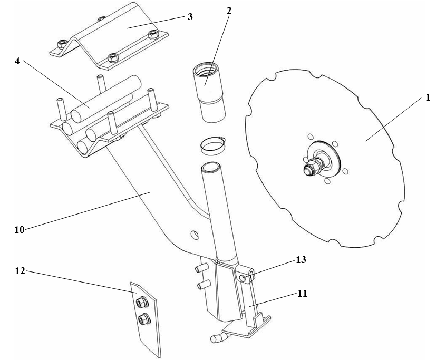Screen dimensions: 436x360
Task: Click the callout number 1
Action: (428, 98)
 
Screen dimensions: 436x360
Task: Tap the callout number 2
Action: (229, 11)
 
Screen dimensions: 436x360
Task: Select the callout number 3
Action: (190, 17)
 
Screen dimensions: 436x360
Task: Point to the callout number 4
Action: (17, 61)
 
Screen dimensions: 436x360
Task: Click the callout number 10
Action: (20, 230)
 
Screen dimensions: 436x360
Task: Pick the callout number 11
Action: (302, 294)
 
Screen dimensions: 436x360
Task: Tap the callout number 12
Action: (20, 271)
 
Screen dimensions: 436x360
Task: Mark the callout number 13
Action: (301, 260)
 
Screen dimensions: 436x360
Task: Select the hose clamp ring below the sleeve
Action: (212, 145)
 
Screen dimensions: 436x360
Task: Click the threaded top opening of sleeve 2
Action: (207, 70)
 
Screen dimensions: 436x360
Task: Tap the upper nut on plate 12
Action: (142, 302)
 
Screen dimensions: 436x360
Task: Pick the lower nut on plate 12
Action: (144, 319)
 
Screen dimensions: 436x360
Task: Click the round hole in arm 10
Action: (195, 235)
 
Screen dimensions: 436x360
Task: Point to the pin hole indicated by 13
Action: (243, 278)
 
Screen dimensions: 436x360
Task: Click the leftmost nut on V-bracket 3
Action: (62, 44)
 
